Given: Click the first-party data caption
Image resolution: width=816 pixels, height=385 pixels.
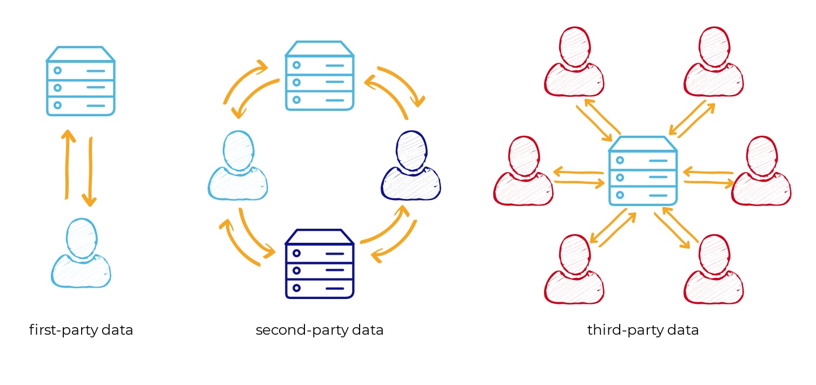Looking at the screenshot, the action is [x=81, y=330].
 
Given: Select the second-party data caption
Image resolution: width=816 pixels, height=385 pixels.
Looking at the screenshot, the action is [x=320, y=330].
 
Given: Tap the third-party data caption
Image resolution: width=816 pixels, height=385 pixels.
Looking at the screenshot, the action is [x=643, y=330].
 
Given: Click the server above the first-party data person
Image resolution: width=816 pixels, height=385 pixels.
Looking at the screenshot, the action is [x=81, y=81].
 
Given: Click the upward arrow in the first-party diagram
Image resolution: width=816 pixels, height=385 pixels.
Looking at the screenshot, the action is [x=68, y=164].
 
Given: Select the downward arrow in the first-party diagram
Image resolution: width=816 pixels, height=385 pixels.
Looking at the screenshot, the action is [x=90, y=171].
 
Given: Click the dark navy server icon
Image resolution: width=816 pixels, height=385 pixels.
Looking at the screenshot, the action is [x=320, y=264].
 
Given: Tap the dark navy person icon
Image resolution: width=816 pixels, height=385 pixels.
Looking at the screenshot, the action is [x=411, y=165].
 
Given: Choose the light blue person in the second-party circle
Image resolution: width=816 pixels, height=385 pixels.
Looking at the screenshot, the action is [x=238, y=165].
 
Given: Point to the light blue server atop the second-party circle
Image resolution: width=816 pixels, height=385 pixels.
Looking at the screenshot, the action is [x=320, y=75].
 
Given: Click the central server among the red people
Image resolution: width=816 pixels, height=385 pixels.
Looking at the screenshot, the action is [x=643, y=171].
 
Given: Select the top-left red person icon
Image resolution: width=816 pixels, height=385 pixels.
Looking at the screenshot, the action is [x=574, y=62].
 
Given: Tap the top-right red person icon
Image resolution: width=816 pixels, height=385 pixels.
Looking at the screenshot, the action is [x=714, y=62].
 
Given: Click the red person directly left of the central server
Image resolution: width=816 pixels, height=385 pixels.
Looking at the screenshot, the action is [x=523, y=171].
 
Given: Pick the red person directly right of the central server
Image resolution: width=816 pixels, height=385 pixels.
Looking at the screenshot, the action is [x=761, y=171].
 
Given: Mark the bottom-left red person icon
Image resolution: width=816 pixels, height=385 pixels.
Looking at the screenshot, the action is [x=574, y=269].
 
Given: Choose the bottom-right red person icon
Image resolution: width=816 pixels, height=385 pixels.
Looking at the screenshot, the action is [x=714, y=269].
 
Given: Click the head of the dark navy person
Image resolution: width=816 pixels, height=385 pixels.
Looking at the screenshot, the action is [x=412, y=151].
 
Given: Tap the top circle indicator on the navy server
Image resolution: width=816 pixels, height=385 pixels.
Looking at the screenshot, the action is [x=296, y=253].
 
